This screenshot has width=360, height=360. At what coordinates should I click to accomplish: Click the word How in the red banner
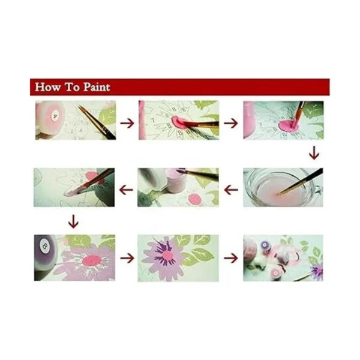(48, 87)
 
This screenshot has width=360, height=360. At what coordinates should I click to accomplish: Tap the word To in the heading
(73, 87)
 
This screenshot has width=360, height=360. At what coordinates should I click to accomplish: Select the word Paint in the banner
(97, 87)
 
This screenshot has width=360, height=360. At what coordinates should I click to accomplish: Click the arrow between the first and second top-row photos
(127, 123)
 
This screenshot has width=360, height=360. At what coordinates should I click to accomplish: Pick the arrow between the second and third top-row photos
(231, 123)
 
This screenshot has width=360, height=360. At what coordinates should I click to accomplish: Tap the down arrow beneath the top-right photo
(314, 153)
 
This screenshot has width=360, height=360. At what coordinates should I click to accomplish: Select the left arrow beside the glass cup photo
(231, 190)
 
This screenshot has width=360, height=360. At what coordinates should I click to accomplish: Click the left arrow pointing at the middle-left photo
(126, 190)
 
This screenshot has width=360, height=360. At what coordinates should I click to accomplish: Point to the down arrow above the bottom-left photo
(73, 221)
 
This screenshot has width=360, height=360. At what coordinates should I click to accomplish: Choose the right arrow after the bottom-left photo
(127, 258)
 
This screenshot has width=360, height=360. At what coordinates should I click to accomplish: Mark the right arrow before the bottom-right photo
(231, 258)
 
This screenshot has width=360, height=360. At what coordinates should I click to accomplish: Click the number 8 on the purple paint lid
(44, 247)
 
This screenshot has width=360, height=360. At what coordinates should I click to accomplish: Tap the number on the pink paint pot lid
(55, 116)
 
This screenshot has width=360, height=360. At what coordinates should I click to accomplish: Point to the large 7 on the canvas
(152, 120)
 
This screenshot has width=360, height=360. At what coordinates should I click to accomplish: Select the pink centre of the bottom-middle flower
(167, 255)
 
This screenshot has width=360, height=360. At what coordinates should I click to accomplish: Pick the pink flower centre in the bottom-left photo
(91, 260)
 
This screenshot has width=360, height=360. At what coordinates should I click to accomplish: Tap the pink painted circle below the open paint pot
(194, 199)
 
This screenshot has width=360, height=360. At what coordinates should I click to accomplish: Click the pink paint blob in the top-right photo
(289, 125)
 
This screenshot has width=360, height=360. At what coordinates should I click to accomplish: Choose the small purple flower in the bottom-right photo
(317, 272)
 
